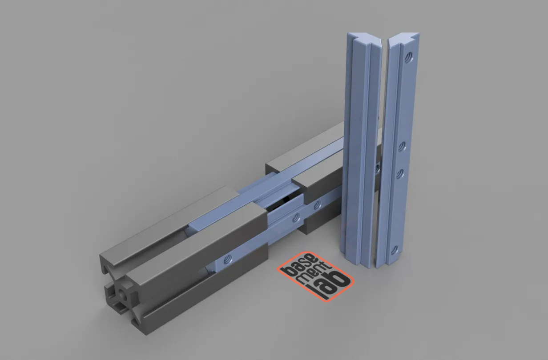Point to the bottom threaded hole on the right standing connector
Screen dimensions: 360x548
click(394, 250)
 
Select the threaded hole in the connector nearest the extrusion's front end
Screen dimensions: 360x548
click(228, 258)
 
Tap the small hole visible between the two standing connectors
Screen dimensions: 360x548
click(377, 168)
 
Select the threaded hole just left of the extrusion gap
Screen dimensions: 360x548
click(294, 217)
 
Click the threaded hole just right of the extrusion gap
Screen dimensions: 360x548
click(317, 205)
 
